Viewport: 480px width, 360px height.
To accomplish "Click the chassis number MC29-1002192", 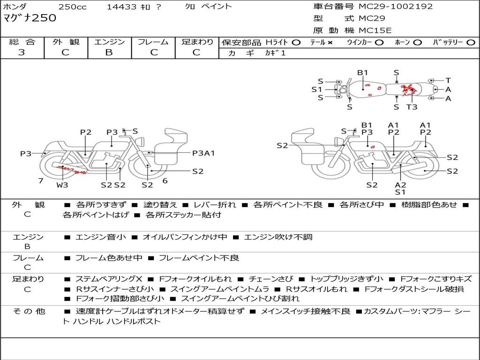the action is tap(396, 7).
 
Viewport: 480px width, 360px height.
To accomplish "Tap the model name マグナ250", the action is tap(30, 18).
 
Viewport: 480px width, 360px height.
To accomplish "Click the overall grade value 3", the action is tap(22, 52).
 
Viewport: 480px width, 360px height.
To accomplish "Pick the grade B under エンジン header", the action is tap(109, 52).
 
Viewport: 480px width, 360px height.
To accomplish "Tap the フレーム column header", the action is tap(153, 42).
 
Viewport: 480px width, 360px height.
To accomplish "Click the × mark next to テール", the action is tap(330, 42).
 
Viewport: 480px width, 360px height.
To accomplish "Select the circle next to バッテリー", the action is tap(471, 42).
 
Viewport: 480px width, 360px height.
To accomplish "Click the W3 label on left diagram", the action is tap(62, 185).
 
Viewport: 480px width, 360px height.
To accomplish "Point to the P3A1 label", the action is tap(203, 153).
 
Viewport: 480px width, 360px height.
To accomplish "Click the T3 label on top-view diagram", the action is tap(412, 107).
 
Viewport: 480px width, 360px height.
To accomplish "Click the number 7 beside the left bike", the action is tap(41, 181).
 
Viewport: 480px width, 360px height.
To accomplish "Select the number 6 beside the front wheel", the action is tap(165, 181).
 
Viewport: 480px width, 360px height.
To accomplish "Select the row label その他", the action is tap(29, 311).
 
